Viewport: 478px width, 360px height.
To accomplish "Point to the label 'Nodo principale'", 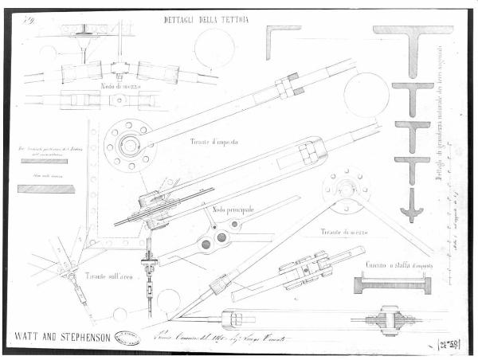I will click(x=233, y=209).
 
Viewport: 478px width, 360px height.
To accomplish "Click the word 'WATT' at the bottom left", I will click(x=31, y=335).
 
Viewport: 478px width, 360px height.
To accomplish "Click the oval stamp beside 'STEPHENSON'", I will click(x=126, y=337).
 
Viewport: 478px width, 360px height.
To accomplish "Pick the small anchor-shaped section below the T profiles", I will click(x=412, y=205).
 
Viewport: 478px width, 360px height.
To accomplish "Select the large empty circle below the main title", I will click(x=214, y=48).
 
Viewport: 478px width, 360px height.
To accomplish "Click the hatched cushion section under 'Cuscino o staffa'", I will click(x=391, y=284).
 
